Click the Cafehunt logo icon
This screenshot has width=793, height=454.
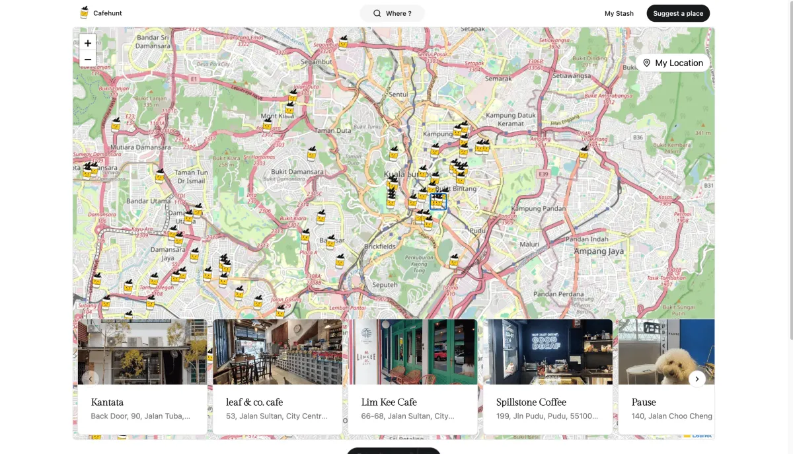click(x=84, y=13)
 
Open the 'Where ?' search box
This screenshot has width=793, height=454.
click(x=392, y=13)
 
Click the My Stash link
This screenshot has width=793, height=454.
click(x=619, y=13)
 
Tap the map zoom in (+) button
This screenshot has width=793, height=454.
click(x=88, y=43)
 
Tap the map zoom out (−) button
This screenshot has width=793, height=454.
click(x=88, y=59)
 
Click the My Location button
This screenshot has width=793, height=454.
click(x=673, y=63)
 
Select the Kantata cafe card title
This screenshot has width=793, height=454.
click(x=107, y=402)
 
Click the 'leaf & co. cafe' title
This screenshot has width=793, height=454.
click(x=254, y=402)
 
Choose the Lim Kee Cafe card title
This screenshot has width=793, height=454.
click(x=389, y=402)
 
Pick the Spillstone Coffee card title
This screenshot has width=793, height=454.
click(x=531, y=402)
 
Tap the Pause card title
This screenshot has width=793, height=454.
click(x=644, y=402)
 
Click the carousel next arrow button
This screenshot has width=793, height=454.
click(x=697, y=379)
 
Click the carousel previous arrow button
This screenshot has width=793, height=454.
click(x=90, y=379)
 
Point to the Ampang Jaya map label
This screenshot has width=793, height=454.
click(x=599, y=251)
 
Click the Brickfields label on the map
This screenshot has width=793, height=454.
click(x=380, y=246)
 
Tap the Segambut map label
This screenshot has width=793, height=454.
click(x=316, y=61)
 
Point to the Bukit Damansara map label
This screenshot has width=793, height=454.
click(x=297, y=172)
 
